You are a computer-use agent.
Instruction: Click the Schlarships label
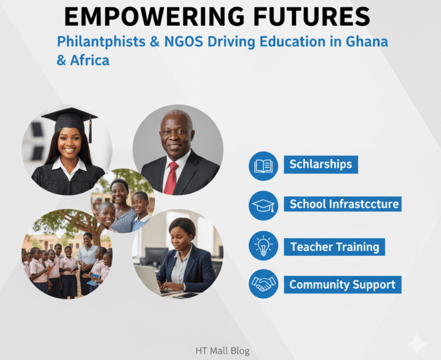(x=320, y=164)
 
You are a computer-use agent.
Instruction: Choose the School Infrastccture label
(x=343, y=204)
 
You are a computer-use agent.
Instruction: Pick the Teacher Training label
(x=334, y=247)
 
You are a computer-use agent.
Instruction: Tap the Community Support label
(x=342, y=284)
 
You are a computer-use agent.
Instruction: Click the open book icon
(x=263, y=165)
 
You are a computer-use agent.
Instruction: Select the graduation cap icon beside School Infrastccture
(x=263, y=205)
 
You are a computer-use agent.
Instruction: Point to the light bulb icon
(x=263, y=246)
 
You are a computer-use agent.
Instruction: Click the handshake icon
(x=263, y=284)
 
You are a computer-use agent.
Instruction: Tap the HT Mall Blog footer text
(x=222, y=350)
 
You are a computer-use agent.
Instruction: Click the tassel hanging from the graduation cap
(x=90, y=130)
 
